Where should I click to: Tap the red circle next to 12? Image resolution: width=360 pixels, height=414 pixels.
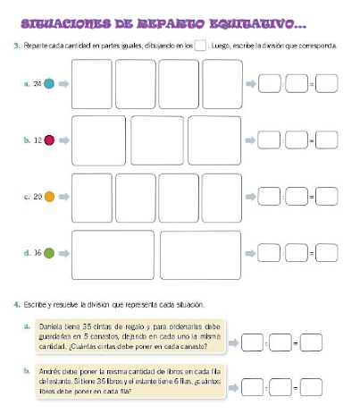[50, 139]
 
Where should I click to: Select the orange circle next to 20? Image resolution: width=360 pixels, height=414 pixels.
[50, 196]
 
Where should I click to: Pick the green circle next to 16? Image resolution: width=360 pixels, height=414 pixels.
[50, 253]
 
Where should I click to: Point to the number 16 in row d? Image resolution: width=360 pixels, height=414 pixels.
[38, 253]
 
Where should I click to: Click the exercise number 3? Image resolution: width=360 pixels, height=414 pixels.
[18, 45]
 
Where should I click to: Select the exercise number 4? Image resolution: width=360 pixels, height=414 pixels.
[18, 306]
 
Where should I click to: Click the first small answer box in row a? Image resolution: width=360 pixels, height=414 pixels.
[268, 84]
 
